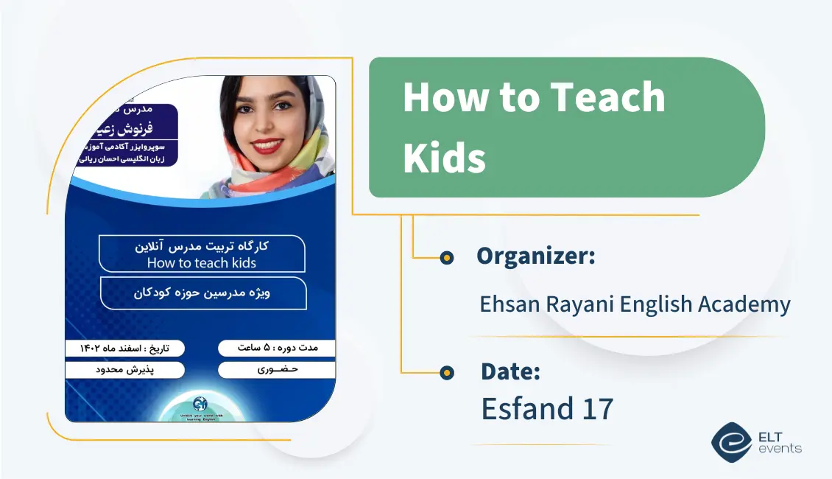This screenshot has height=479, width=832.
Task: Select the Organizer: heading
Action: click(x=535, y=256)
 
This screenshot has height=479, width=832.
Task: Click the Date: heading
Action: click(x=510, y=372)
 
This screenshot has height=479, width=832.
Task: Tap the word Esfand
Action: click(x=523, y=409)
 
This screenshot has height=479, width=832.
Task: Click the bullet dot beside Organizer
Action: click(x=446, y=258)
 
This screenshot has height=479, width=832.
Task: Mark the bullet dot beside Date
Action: click(x=446, y=374)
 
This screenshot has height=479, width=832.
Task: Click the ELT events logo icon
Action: click(x=730, y=441)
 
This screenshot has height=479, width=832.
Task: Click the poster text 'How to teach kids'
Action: click(x=201, y=262)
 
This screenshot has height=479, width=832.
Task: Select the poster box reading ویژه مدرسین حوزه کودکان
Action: click(x=202, y=293)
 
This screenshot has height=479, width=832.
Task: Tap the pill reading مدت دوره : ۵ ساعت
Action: click(x=277, y=347)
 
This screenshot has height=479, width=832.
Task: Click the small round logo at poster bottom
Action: click(x=200, y=404)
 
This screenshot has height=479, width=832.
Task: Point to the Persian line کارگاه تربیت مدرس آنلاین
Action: click(x=201, y=247)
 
